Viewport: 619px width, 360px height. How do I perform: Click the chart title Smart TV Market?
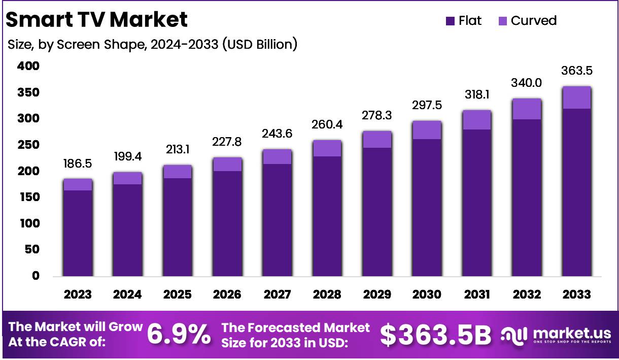[96, 20]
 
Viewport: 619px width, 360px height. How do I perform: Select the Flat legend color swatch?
[450, 21]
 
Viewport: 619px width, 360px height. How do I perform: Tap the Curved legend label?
[533, 21]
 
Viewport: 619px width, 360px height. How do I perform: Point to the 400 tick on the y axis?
[28, 66]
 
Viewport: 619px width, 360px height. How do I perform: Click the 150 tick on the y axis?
[28, 197]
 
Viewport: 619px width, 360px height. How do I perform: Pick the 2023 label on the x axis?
[78, 294]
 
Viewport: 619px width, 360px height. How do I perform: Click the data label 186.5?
[78, 163]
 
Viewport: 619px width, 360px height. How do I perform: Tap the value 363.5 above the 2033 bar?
[576, 71]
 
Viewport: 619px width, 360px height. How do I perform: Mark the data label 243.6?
[277, 134]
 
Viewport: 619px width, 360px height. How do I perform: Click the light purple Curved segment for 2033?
[576, 97]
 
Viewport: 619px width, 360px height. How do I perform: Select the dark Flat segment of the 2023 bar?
[78, 234]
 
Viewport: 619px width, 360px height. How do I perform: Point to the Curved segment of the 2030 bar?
[427, 130]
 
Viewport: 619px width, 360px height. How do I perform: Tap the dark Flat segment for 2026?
[227, 223]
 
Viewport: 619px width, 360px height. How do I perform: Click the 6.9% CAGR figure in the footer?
[179, 335]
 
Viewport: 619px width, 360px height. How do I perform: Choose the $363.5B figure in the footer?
[435, 335]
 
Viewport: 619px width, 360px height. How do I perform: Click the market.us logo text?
[572, 333]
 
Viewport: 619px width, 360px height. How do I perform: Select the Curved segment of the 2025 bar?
[178, 172]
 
